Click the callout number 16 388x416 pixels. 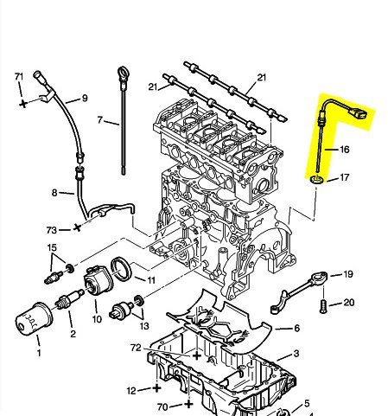(345, 150)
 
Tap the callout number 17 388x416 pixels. (345, 177)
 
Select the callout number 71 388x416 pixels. (19, 77)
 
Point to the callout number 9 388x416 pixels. (85, 99)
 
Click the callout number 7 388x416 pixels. (100, 120)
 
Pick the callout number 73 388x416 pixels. (52, 230)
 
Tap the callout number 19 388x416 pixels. (348, 274)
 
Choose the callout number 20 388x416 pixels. (349, 303)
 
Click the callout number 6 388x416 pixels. (296, 328)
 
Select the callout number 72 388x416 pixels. (136, 348)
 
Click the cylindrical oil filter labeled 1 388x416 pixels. (34, 318)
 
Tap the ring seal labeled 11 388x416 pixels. (121, 269)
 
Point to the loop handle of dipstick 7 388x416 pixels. (123, 74)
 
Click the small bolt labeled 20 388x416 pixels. (323, 306)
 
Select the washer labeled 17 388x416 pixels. (317, 180)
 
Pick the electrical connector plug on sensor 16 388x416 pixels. (359, 112)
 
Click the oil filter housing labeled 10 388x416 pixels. (99, 280)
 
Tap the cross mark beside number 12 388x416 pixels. (156, 387)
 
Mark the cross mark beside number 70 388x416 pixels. (188, 404)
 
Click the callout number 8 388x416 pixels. (54, 193)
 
